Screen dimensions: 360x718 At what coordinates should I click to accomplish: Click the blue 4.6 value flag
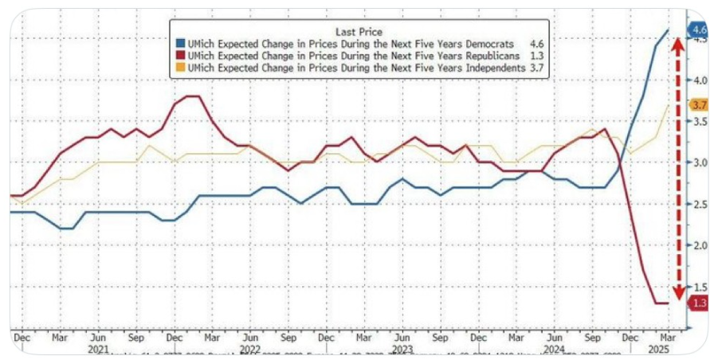699,31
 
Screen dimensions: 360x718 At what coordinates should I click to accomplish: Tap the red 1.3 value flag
699,303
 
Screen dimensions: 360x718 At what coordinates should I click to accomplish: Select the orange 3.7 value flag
699,105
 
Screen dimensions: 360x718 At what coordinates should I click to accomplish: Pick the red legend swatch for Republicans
182,57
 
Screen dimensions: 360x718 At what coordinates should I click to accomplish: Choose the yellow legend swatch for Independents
182,68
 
